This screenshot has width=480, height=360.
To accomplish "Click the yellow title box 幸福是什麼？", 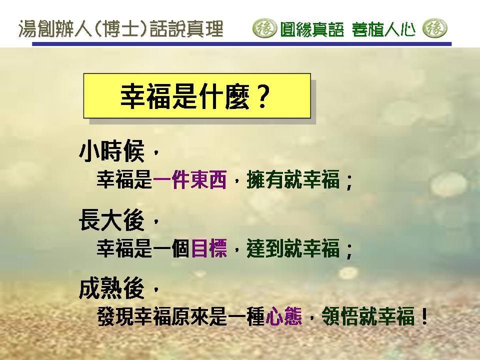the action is point(197,95).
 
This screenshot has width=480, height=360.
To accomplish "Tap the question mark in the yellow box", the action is point(262,96).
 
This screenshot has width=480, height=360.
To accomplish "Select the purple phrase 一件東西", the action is point(190,179).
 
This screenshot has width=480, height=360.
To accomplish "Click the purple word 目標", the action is point(209,248).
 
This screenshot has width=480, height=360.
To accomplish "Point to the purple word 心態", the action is point(284,316).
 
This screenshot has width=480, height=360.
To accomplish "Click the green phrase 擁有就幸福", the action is point(293,179).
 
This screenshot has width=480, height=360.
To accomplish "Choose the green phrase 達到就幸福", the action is point(293,248).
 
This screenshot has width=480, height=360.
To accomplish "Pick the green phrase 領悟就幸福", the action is point(368,316).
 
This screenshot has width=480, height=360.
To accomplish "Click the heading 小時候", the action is point(111,151).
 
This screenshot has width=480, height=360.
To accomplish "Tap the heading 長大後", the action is point(111,220).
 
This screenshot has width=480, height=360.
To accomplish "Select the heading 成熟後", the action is point(111,288).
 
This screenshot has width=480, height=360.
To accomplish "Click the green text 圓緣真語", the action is point(312,29).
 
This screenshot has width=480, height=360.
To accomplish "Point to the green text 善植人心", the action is point(383,29).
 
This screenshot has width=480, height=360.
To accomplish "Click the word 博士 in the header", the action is point(121,29).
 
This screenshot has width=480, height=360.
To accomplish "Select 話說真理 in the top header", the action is point(186,29).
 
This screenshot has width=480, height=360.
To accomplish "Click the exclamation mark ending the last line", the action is point(424,316).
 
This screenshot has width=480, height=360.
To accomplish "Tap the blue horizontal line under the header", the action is point(242,44).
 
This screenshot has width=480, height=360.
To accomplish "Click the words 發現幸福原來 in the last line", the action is point(153,316).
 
